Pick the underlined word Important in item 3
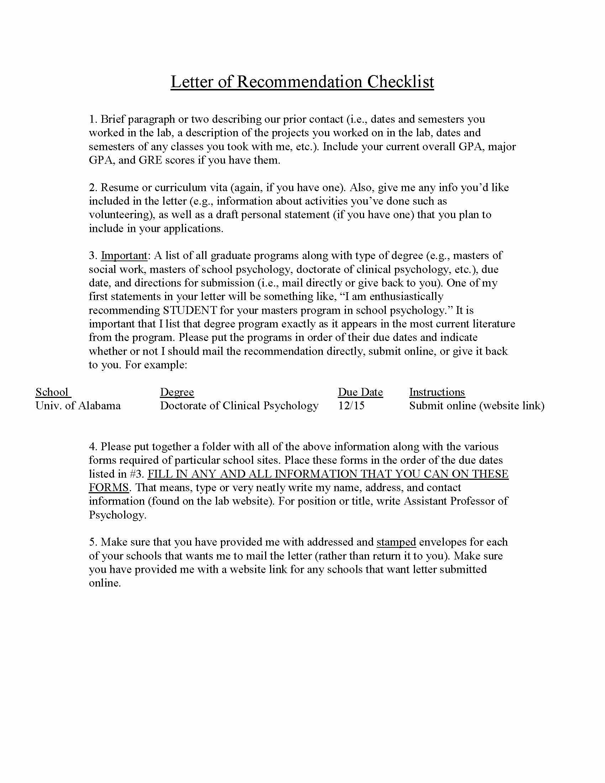(x=124, y=256)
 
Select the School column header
(x=52, y=392)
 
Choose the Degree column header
(x=177, y=392)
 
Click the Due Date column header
(x=360, y=392)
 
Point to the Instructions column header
(x=437, y=392)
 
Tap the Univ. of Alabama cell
(x=78, y=406)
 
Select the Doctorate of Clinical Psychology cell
(x=239, y=406)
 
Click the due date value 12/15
(x=351, y=406)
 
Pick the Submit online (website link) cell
(x=477, y=406)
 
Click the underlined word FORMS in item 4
(x=109, y=488)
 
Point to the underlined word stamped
(x=396, y=542)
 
